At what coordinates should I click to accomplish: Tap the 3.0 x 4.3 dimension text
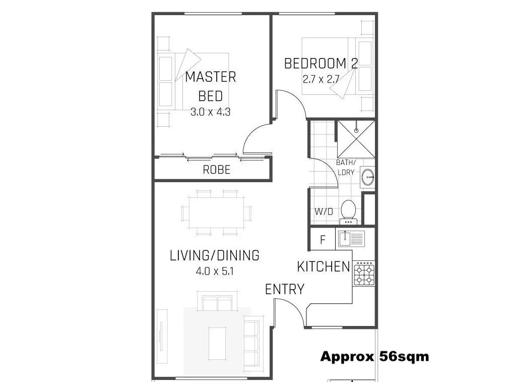[x=210, y=112]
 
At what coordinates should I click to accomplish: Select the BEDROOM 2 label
[x=321, y=64]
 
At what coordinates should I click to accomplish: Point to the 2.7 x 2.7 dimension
[x=321, y=79]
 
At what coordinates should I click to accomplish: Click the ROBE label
[x=216, y=170]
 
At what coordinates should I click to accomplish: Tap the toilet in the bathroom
[x=348, y=210]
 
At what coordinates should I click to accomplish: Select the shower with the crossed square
[x=356, y=139]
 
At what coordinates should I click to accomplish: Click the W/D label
[x=324, y=211]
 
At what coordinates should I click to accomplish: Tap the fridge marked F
[x=323, y=239]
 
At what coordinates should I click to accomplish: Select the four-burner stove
[x=364, y=273]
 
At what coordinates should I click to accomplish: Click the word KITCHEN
[x=324, y=266]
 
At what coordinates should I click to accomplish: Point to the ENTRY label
[x=285, y=289]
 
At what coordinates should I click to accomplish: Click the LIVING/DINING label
[x=215, y=255]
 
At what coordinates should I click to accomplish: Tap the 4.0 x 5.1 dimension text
[x=215, y=271]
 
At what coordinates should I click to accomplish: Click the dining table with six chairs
[x=217, y=212]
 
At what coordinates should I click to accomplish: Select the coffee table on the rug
[x=217, y=343]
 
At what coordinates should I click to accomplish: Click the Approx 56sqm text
[x=374, y=357]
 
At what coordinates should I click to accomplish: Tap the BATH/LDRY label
[x=346, y=167]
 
